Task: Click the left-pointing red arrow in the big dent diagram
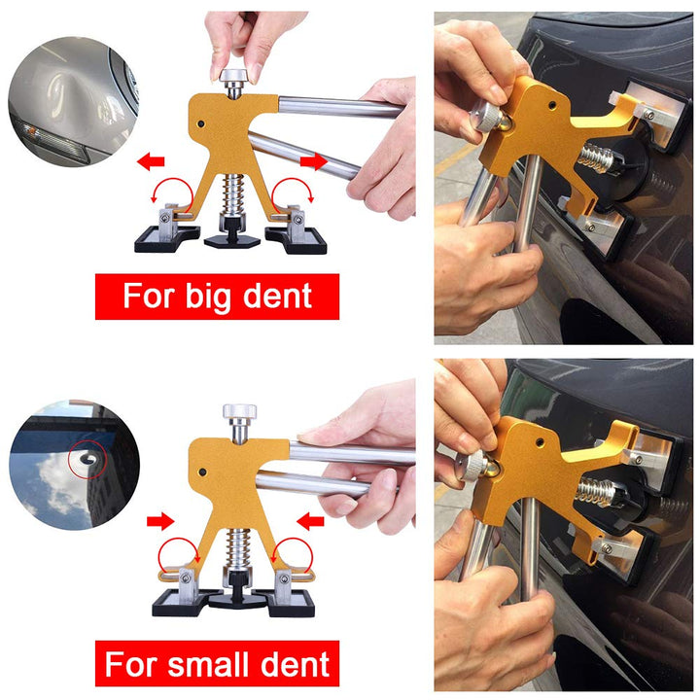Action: (151, 160)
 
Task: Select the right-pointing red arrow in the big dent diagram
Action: (313, 160)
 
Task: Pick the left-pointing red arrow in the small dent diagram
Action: (310, 523)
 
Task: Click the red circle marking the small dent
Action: (88, 456)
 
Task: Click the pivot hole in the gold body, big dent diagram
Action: (201, 124)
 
